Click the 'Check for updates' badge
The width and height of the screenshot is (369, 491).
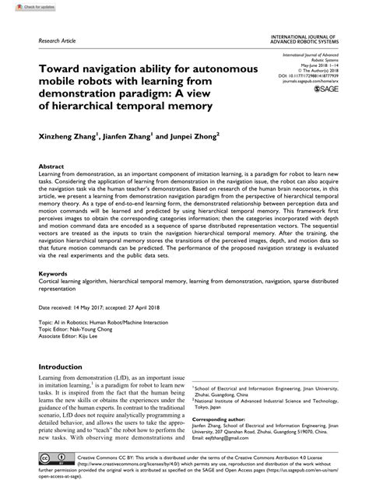click(x=24, y=6)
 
